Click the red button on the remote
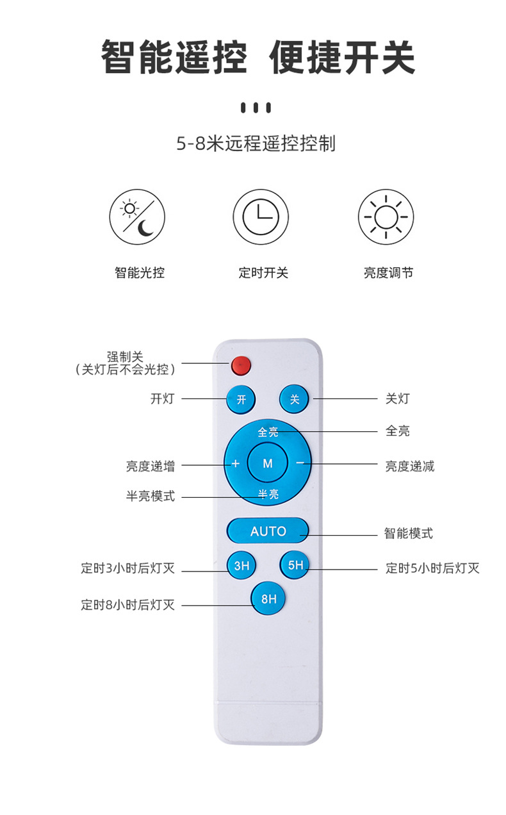[241, 365]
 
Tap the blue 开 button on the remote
[241, 399]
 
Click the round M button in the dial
[267, 463]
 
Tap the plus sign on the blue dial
[236, 463]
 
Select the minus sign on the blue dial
[300, 463]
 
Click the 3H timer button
[241, 566]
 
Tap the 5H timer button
[295, 565]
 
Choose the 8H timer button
[268, 598]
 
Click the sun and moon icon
[137, 217]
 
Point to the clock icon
[261, 217]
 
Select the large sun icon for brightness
[386, 217]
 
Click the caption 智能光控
[140, 272]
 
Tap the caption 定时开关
[263, 272]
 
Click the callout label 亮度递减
[410, 466]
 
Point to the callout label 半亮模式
[151, 496]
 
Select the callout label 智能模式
[409, 533]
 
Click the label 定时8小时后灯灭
[127, 605]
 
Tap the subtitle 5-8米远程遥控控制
[256, 144]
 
